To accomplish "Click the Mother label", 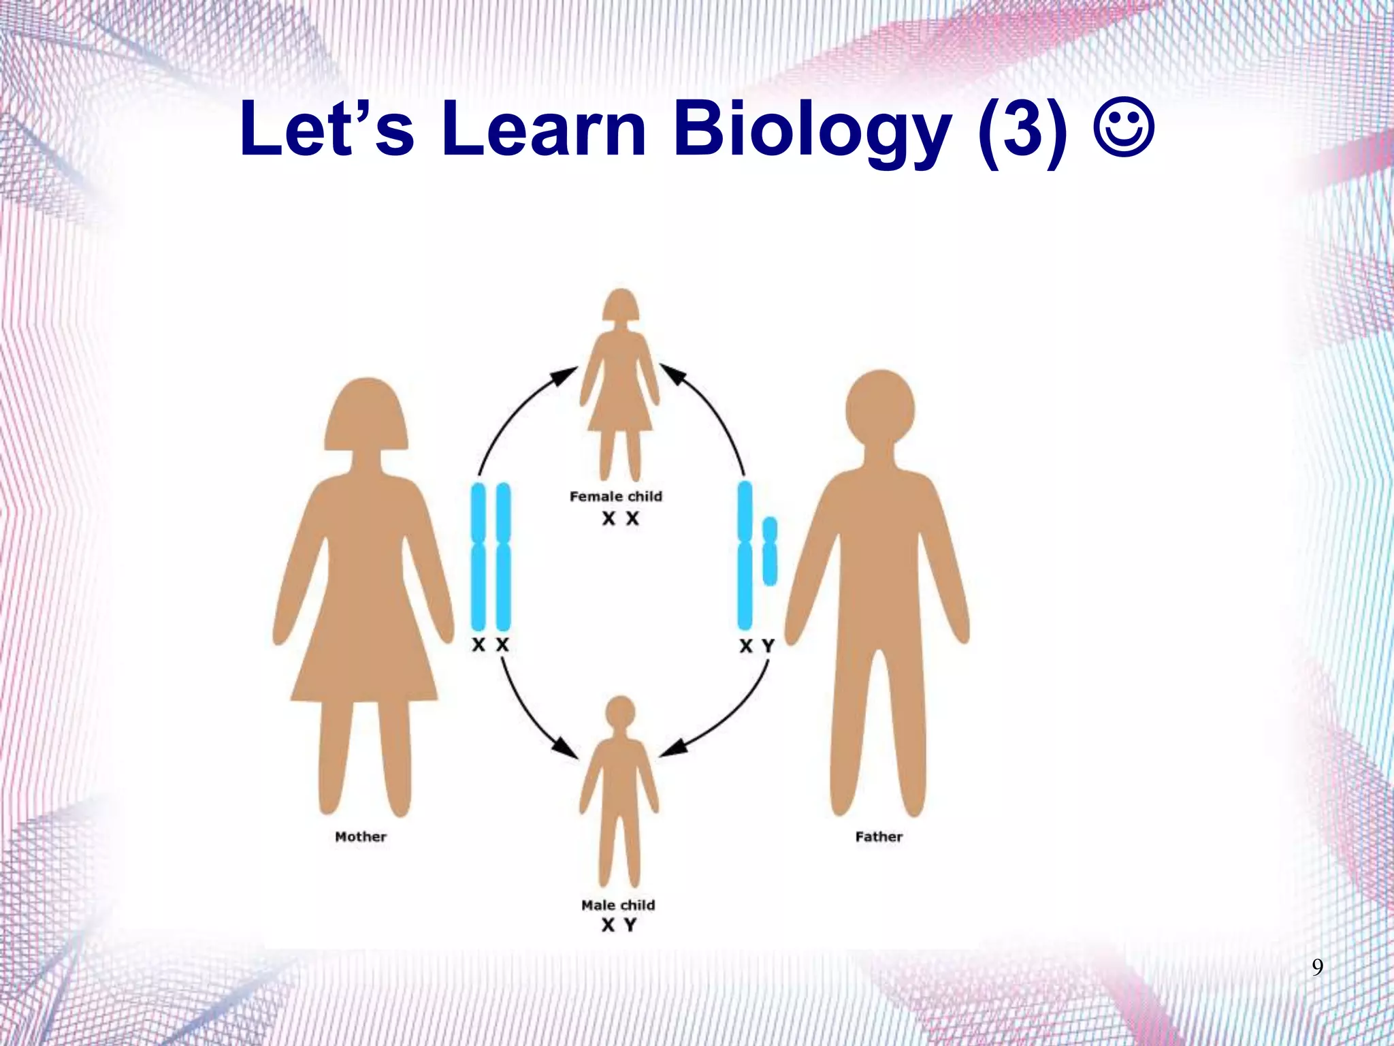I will (361, 836).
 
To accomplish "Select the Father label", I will (879, 836).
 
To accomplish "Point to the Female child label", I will (616, 496).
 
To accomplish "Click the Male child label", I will (618, 905).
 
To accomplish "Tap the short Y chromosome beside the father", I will (770, 551).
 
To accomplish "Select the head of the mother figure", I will (366, 415).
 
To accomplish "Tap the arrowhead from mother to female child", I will (565, 375).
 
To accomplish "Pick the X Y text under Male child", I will (619, 925).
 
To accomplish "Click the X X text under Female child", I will (620, 519).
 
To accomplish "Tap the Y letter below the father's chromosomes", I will (768, 646).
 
